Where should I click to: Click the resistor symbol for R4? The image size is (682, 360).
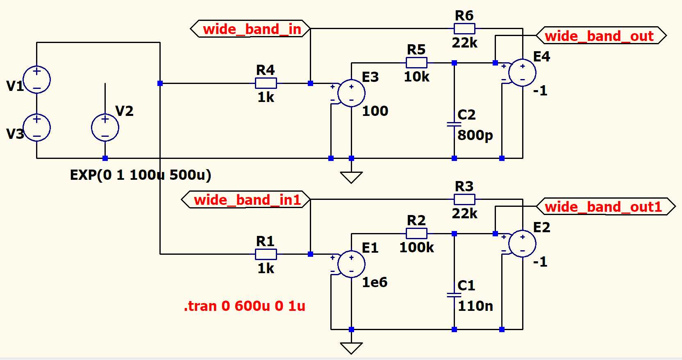[x=266, y=83]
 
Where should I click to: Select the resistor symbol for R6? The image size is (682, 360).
[x=464, y=29]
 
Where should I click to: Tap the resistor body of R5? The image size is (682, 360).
[x=416, y=63]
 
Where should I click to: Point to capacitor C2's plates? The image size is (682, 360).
[x=454, y=124]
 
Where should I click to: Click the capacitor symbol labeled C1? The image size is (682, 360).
[x=454, y=295]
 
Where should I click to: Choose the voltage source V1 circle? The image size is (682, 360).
[x=37, y=79]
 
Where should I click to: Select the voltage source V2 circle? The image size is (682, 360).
[x=105, y=127]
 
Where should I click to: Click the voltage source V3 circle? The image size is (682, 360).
[x=37, y=127]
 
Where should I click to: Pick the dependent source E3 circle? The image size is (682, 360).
[x=351, y=93]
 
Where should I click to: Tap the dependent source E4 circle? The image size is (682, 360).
[x=522, y=73]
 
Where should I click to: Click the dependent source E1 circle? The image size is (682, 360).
[x=351, y=264]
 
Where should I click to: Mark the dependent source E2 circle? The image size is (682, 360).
[x=522, y=244]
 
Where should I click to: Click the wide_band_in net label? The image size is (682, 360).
[x=251, y=29]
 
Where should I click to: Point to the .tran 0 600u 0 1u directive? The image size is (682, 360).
[x=245, y=306]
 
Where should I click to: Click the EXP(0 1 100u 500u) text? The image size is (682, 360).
[x=141, y=175]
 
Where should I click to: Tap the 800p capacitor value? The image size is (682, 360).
[x=475, y=135]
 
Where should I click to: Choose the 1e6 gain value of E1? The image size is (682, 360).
[x=375, y=282]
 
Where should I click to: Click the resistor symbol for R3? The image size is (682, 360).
[x=464, y=199]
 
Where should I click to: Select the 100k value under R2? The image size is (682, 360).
[x=416, y=247]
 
